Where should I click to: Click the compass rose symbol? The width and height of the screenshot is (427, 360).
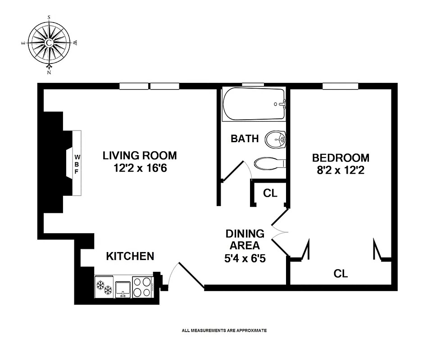tap(49, 43)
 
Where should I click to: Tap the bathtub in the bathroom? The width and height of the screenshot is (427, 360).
tap(254, 104)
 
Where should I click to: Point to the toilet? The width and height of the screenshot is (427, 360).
tap(270, 163)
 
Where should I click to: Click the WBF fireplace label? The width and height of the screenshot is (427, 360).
tap(77, 163)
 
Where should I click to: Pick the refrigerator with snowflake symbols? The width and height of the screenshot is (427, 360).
tap(104, 287)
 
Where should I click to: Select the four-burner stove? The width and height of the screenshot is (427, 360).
tap(143, 287)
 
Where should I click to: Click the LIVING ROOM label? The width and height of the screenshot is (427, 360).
tap(140, 156)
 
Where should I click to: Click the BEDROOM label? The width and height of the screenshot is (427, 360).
tap(341, 158)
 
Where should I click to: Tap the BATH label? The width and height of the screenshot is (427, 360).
tap(245, 139)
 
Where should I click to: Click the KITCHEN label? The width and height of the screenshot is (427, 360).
tap(130, 256)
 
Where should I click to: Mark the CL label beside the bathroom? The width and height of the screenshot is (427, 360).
tap(270, 193)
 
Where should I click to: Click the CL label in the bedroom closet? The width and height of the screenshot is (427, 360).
tap(341, 273)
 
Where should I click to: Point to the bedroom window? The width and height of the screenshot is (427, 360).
tap(340, 86)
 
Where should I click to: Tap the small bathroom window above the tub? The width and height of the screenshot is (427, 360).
tap(253, 85)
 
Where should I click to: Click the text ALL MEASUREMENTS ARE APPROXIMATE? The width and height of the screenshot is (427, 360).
tap(224, 330)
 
